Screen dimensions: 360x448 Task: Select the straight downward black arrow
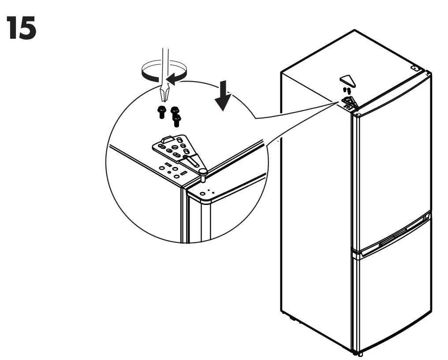point(224,96)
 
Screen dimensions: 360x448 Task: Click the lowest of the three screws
point(178,119)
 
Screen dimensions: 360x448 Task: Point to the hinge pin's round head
point(202,170)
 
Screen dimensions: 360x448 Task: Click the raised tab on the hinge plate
point(165,138)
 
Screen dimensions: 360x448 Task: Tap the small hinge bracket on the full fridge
point(349,102)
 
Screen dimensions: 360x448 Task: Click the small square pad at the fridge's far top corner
point(415,68)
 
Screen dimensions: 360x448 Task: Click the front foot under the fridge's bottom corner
point(359,353)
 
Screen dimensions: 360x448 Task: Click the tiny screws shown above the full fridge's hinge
point(347,90)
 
